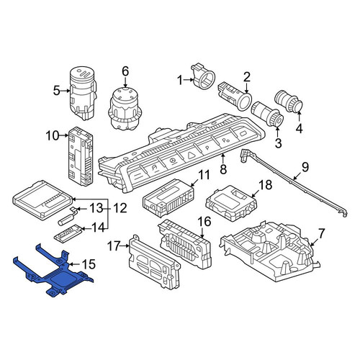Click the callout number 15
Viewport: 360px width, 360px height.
tap(89, 264)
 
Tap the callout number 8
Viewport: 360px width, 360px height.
tap(223, 169)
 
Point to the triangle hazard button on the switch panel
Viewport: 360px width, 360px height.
tap(191, 156)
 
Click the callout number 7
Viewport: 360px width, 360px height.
tap(321, 234)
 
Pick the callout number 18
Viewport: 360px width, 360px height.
tap(266, 185)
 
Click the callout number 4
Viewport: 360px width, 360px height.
tap(299, 128)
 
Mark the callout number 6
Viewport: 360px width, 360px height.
tap(125, 71)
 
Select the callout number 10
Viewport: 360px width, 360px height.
tap(53, 136)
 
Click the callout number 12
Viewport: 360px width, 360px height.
tap(120, 208)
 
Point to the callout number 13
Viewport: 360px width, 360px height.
tap(96, 208)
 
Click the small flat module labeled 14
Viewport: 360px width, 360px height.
tap(68, 233)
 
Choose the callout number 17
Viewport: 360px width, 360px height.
tap(114, 246)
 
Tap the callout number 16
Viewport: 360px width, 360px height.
tap(204, 221)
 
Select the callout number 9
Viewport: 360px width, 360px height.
tap(305, 167)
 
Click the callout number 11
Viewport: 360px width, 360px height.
tap(204, 176)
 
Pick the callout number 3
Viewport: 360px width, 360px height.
tap(278, 143)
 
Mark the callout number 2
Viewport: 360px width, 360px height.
tap(247, 77)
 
